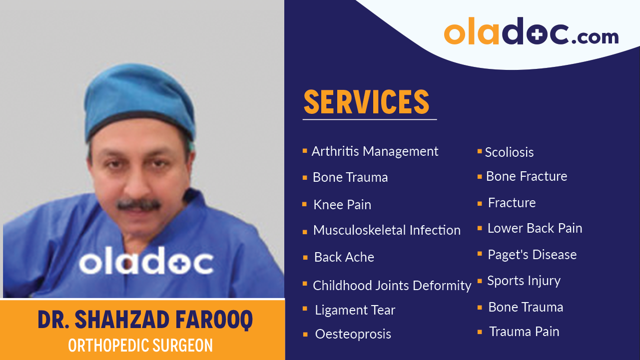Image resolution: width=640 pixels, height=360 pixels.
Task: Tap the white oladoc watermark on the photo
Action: click(x=146, y=262)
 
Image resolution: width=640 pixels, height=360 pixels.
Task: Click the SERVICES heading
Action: click(x=367, y=102)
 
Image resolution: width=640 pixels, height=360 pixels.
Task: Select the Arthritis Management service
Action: click(x=375, y=151)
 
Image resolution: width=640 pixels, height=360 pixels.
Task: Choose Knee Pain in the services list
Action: click(x=342, y=205)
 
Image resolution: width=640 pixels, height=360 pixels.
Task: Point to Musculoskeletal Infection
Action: click(x=387, y=230)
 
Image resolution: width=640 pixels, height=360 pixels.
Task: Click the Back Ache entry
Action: click(x=344, y=257)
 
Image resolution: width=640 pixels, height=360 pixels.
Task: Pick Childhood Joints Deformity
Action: click(x=392, y=286)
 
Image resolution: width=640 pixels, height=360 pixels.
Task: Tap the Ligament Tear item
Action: click(x=355, y=310)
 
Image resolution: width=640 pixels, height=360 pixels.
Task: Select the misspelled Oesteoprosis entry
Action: click(x=353, y=334)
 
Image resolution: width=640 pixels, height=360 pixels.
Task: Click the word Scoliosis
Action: click(x=509, y=152)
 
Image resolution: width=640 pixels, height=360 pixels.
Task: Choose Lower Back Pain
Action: click(x=535, y=228)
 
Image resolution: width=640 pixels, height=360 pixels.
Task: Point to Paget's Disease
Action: click(x=532, y=255)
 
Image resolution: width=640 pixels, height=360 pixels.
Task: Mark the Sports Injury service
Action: click(x=524, y=281)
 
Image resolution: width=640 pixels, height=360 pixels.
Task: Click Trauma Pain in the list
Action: click(x=524, y=332)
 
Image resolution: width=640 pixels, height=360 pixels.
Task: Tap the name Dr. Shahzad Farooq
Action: click(x=145, y=321)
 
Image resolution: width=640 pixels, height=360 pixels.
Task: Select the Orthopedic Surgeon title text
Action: click(x=140, y=345)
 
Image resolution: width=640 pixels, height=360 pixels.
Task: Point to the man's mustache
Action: click(x=139, y=204)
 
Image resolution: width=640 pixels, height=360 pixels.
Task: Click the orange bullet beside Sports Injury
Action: click(x=480, y=281)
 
